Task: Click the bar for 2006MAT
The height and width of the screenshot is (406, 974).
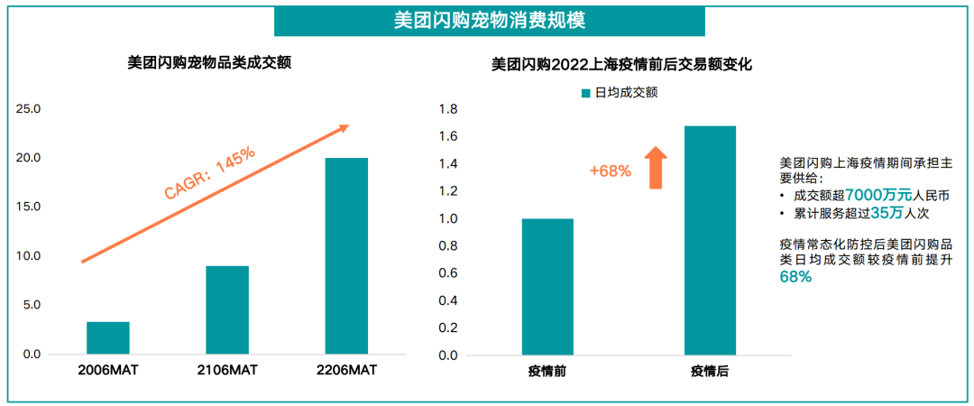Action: click(x=108, y=337)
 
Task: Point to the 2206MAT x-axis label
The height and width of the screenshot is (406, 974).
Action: click(x=346, y=371)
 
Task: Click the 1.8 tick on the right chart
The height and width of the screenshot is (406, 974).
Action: click(x=448, y=109)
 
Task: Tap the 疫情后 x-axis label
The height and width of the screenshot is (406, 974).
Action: click(x=710, y=371)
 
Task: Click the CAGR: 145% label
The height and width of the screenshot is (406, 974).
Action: click(x=209, y=172)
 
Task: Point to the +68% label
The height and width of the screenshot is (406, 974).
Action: click(x=611, y=171)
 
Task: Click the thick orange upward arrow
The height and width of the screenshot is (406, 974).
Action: click(x=657, y=168)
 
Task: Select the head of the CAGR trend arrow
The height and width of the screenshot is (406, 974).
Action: click(x=343, y=128)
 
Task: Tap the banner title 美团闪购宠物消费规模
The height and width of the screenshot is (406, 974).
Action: click(x=490, y=20)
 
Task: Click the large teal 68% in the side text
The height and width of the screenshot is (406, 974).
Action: click(x=795, y=278)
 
